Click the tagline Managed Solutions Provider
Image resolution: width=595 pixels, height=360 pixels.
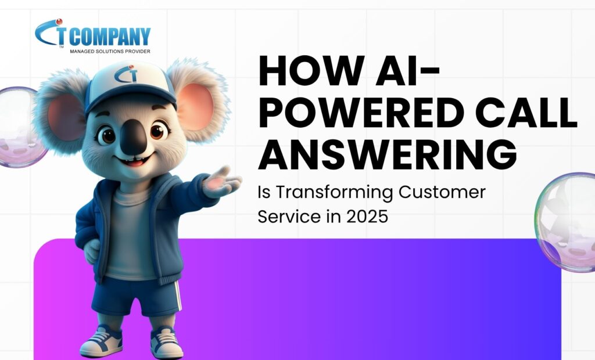point(110,51)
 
